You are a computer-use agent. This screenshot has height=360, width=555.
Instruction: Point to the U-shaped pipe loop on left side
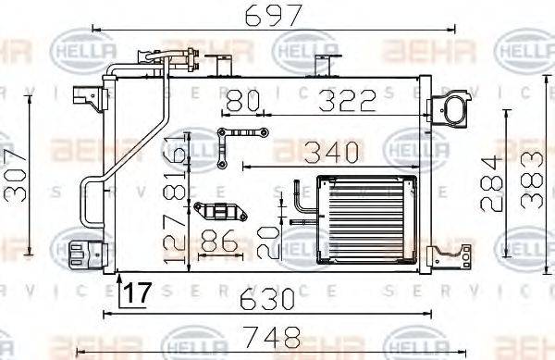coord(91,199)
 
